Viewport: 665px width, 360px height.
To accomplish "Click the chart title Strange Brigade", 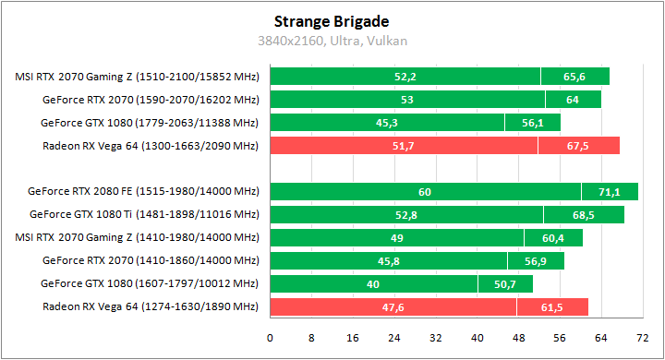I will click(332, 20).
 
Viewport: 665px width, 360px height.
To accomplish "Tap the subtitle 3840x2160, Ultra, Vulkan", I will click(332, 41).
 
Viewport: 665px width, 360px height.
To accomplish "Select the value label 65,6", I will click(575, 77).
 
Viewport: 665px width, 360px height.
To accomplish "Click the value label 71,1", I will click(610, 192).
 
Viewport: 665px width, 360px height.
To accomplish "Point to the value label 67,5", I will click(578, 146).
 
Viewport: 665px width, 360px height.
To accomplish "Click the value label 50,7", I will click(504, 284).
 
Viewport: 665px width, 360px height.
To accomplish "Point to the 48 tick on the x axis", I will click(518, 338).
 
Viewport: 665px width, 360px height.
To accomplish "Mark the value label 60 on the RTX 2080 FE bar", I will click(425, 192).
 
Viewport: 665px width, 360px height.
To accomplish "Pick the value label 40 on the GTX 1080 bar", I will click(373, 284).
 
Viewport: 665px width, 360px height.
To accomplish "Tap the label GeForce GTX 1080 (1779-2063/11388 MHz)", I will click(150, 123).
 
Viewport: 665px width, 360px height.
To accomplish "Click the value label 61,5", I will click(552, 307).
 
